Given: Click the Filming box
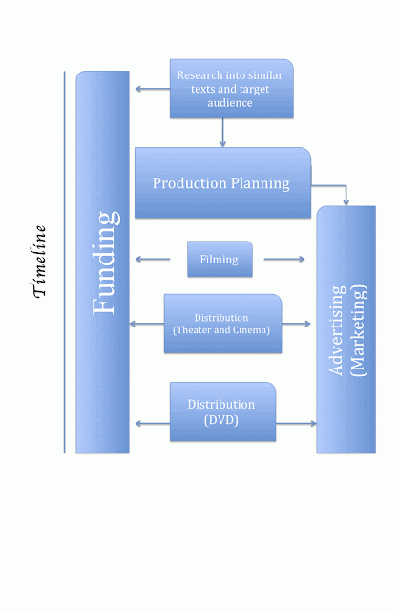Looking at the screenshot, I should click(220, 259).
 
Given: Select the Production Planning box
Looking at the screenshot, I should click(222, 182).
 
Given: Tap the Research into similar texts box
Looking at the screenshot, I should click(231, 89).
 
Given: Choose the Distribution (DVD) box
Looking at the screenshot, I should click(222, 411).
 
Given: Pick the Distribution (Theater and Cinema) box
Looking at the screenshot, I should click(222, 324).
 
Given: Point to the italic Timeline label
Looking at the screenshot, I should click(40, 262).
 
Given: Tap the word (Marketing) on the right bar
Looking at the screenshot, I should click(357, 330).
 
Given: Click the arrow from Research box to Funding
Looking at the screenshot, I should click(151, 89).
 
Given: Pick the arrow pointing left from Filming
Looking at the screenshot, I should click(153, 259).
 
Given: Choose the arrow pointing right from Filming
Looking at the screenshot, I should click(283, 259).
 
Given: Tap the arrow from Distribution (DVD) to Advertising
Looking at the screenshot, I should click(296, 422).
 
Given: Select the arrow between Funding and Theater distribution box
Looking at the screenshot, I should click(146, 324).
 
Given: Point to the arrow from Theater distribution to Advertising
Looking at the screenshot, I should click(297, 324).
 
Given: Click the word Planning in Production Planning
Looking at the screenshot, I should click(256, 182).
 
